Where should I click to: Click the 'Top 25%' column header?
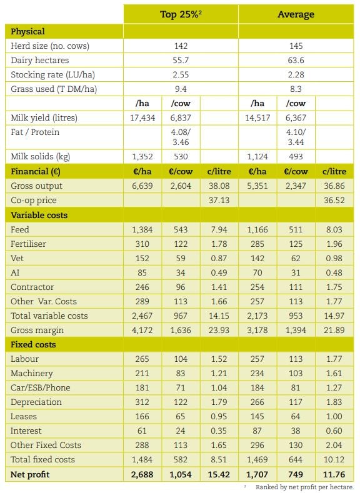pos(181,14)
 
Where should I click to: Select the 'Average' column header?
pos(296,14)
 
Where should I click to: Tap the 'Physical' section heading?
pos(28,31)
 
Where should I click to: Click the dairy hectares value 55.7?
pos(181,60)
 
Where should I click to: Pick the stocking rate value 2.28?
pos(296,74)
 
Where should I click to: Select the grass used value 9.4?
pos(181,89)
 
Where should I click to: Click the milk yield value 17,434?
pos(142,117)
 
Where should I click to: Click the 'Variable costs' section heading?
pos(39,214)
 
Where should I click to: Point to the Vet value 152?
pos(142,258)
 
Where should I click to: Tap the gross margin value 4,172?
pos(142,329)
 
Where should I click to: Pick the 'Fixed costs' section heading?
pos(33,344)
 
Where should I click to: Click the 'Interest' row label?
pos(26,431)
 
